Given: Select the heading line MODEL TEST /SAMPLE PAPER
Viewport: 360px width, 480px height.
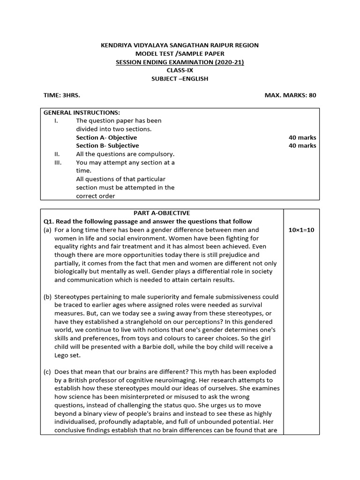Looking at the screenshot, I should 180,53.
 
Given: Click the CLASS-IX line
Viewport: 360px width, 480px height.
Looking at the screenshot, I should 180,70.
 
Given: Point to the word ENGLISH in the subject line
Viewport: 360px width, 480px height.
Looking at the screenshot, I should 193,79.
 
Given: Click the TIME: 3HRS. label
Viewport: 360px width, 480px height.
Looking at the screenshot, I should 62,95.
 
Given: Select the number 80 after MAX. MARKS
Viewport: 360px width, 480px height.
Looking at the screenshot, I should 312,95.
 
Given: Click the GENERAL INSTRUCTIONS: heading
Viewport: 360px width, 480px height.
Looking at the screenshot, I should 82,112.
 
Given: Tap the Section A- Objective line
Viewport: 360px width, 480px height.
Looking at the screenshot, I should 106,137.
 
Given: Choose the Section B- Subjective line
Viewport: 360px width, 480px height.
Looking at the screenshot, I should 107,146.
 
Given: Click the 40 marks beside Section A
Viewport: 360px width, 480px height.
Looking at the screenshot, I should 302,137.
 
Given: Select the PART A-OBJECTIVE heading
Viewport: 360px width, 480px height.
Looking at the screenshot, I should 162,213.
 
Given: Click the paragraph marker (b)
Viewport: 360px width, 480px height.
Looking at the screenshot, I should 47,297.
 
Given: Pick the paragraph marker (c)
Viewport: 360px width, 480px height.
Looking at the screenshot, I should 47,372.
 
